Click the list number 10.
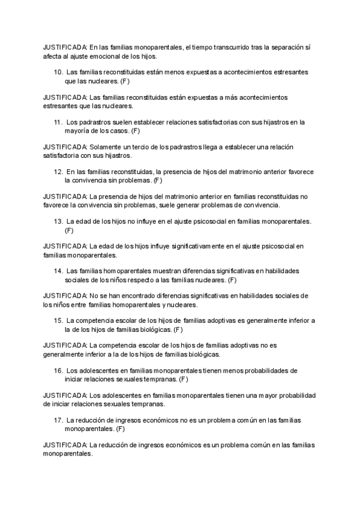58,72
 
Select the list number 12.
58,172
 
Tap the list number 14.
58,271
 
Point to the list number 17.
58,420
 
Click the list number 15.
58,321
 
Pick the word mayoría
79,130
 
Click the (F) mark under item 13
69,230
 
